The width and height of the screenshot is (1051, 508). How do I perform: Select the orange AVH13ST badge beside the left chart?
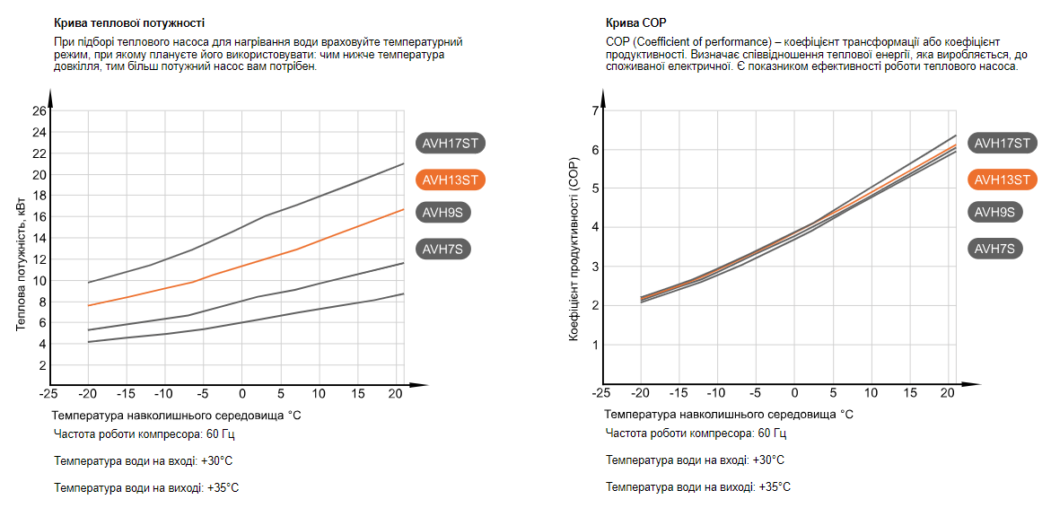[451, 180]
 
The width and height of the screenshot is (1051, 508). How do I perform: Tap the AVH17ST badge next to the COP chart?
[1003, 143]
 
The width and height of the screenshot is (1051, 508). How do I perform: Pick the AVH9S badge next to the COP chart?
[994, 212]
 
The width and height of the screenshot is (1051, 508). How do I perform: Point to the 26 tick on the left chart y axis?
[39, 111]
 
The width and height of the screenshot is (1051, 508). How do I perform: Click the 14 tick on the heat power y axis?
[39, 239]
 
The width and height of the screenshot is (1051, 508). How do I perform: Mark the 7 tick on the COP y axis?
[594, 111]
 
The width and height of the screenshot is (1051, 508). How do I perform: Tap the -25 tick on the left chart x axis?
[48, 394]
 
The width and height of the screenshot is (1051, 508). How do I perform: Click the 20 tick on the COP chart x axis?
[949, 394]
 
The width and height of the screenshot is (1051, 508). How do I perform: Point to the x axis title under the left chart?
[175, 415]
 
